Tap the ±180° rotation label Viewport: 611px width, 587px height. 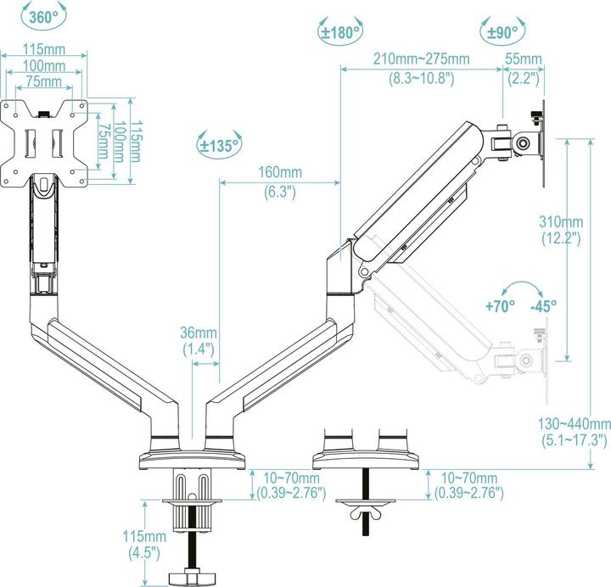click(340, 33)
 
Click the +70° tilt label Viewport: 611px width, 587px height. click(500, 305)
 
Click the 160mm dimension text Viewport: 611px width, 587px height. click(279, 173)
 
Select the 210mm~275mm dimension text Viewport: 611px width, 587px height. click(422, 59)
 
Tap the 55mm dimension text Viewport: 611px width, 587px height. click(524, 59)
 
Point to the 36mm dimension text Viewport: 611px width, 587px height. click(199, 333)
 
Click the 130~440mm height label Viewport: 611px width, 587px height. click(575, 424)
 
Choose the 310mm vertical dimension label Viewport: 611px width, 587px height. click(560, 221)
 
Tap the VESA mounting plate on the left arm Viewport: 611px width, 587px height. click(45, 141)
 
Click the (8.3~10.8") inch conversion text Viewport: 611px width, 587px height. click(422, 77)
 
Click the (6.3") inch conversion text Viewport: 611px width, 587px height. click(279, 192)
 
